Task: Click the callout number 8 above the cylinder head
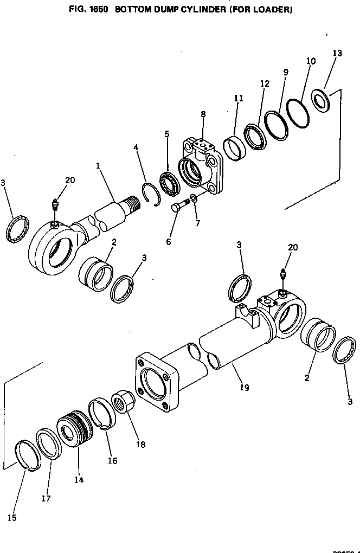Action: point(203,114)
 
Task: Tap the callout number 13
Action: point(337,53)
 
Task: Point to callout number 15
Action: point(12,517)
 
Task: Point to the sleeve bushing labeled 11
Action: point(234,147)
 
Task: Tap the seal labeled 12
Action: point(254,137)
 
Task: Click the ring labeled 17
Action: point(49,443)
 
